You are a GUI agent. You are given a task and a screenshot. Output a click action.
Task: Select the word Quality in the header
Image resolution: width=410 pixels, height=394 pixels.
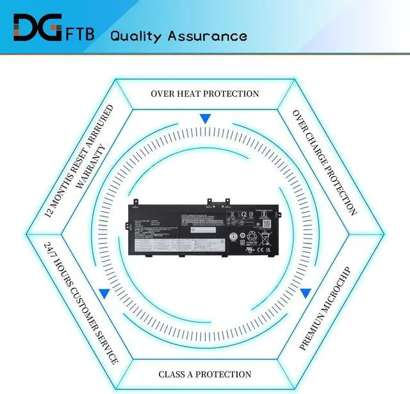pos(137,35)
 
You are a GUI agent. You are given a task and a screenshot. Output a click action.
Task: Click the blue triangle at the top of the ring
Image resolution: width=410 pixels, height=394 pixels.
pos(205,119)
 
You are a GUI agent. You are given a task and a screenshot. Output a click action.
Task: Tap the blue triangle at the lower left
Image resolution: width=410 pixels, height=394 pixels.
pos(103,293)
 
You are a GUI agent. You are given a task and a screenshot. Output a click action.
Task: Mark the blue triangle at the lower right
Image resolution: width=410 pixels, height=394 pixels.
pos(306,293)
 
